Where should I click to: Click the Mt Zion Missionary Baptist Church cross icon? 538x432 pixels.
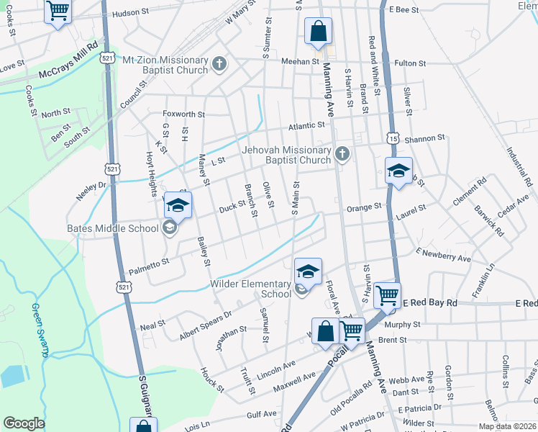220,65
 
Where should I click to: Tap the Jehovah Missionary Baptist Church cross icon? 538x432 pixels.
342,153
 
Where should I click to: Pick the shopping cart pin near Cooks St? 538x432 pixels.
58,11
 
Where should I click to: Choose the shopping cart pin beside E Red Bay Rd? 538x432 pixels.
387,294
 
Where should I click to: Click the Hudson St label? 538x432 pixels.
129,13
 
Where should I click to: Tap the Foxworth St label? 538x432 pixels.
184,114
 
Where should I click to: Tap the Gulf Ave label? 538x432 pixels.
261,414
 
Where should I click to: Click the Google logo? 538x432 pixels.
24,423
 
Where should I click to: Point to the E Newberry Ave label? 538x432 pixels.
443,255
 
